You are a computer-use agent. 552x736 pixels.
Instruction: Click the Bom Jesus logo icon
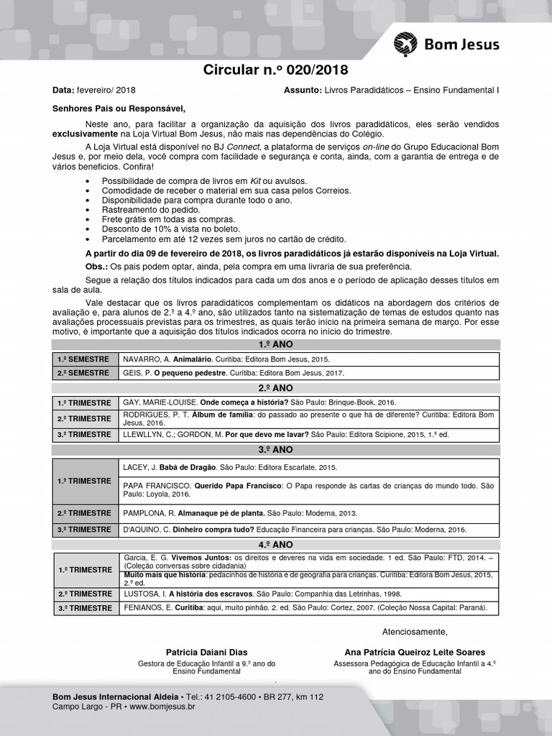point(405,45)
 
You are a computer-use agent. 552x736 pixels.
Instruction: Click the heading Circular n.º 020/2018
point(276,70)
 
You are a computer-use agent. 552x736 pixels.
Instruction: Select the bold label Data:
point(63,91)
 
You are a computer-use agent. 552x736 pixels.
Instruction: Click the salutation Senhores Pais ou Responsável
point(119,109)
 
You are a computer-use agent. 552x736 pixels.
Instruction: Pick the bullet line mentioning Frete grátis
point(158,219)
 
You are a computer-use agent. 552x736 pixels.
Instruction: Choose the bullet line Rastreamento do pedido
point(147,209)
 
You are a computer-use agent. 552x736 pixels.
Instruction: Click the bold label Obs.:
point(96,266)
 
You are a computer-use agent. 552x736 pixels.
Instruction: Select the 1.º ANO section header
point(276,345)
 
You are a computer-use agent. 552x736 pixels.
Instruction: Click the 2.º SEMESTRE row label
point(84,373)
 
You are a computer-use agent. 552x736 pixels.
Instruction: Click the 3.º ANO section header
point(276,449)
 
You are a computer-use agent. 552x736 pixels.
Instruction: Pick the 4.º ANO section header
point(276,544)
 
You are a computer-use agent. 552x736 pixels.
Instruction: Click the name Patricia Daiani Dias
point(206,652)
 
